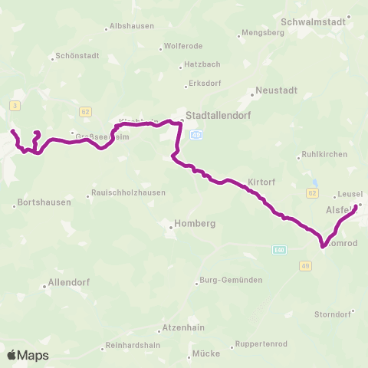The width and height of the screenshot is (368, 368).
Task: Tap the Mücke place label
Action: pyautogui.click(x=207, y=353)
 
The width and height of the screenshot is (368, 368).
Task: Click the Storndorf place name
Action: pyautogui.click(x=332, y=314)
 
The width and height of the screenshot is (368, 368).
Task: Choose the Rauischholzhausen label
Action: pyautogui.click(x=128, y=192)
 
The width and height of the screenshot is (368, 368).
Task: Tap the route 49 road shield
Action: pyautogui.click(x=306, y=265)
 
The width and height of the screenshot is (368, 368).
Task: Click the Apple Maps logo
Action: pyautogui.click(x=28, y=355)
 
